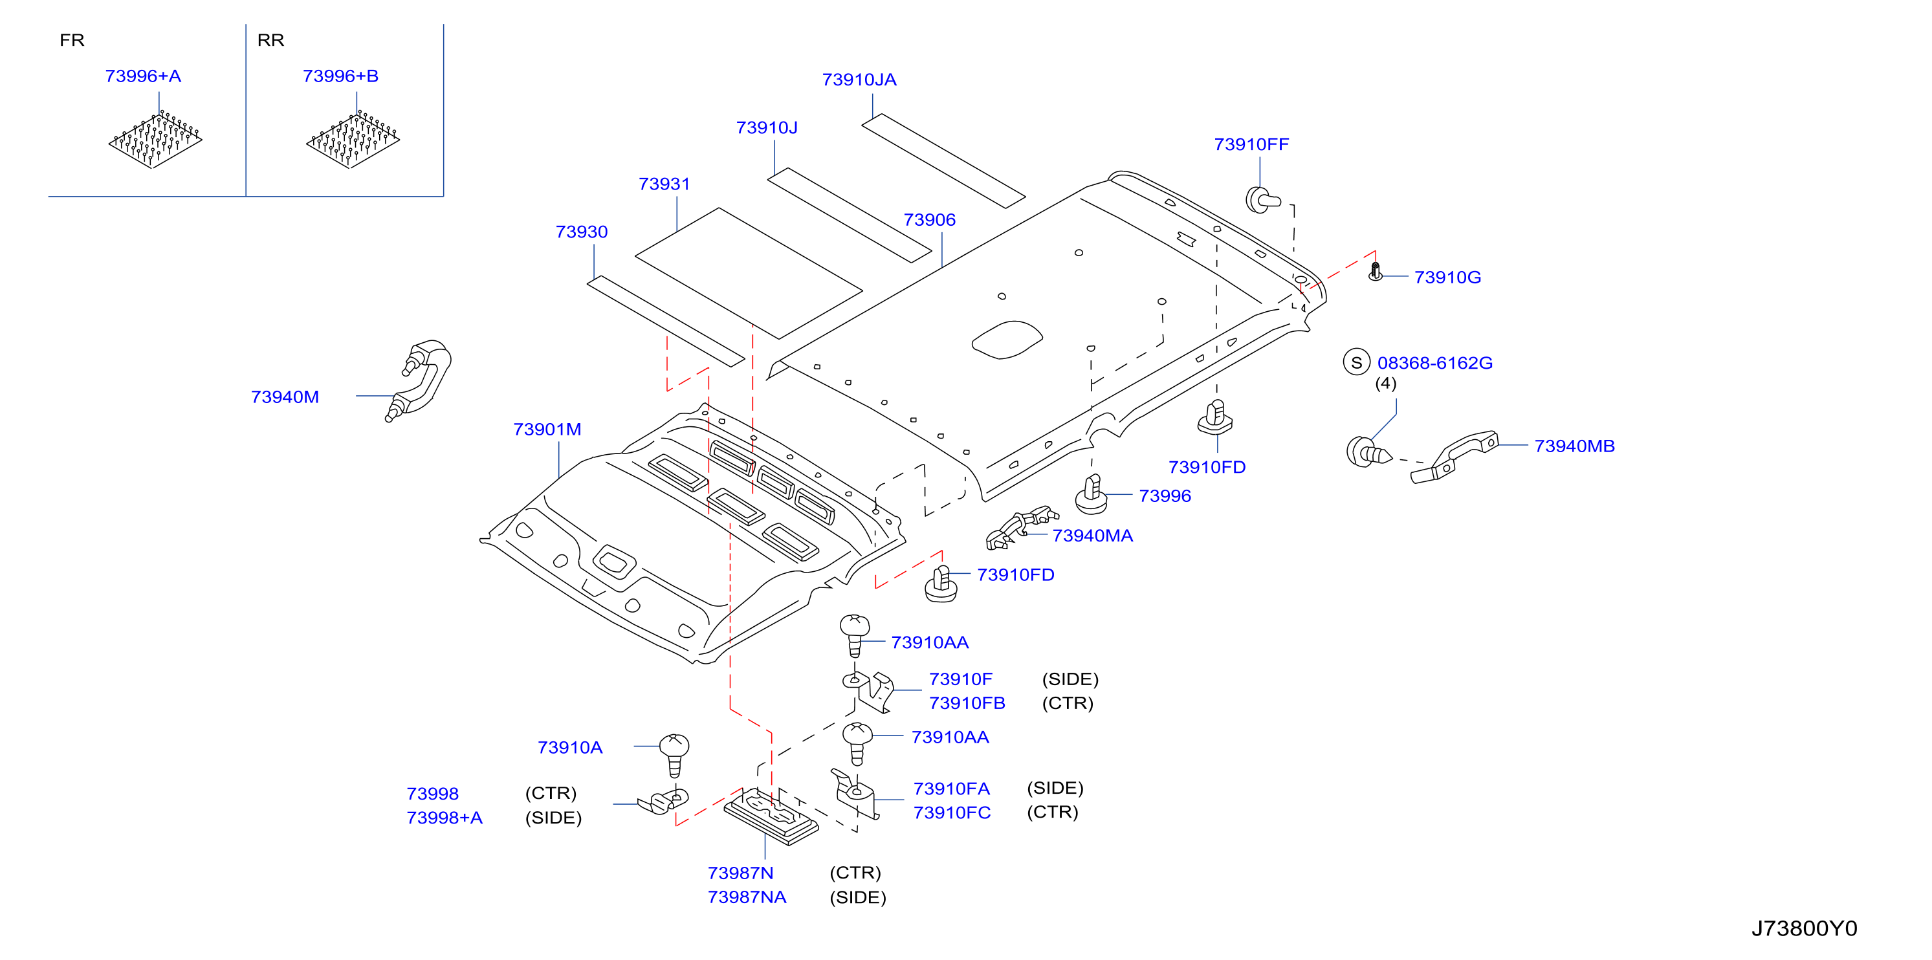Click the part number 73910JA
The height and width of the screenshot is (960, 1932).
point(859,80)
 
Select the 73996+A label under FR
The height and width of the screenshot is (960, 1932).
point(142,76)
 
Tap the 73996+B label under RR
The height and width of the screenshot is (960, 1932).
point(340,76)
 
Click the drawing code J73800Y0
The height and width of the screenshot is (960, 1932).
point(1804,928)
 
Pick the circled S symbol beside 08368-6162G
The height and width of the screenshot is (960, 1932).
point(1356,362)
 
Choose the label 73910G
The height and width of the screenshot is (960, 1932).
point(1447,278)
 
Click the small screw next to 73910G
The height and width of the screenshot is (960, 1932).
point(1375,271)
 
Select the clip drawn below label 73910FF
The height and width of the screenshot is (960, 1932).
point(1263,199)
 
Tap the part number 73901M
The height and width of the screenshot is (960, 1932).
point(547,429)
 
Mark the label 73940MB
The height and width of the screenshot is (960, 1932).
point(1574,446)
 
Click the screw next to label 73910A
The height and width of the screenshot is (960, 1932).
point(674,754)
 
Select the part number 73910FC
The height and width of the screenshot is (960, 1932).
point(952,813)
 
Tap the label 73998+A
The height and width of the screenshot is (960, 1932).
point(444,818)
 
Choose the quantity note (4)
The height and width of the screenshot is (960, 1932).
point(1385,384)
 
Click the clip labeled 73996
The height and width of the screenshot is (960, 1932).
point(1092,494)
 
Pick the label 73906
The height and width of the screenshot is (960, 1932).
point(929,220)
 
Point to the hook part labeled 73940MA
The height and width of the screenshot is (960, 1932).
point(1022,528)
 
